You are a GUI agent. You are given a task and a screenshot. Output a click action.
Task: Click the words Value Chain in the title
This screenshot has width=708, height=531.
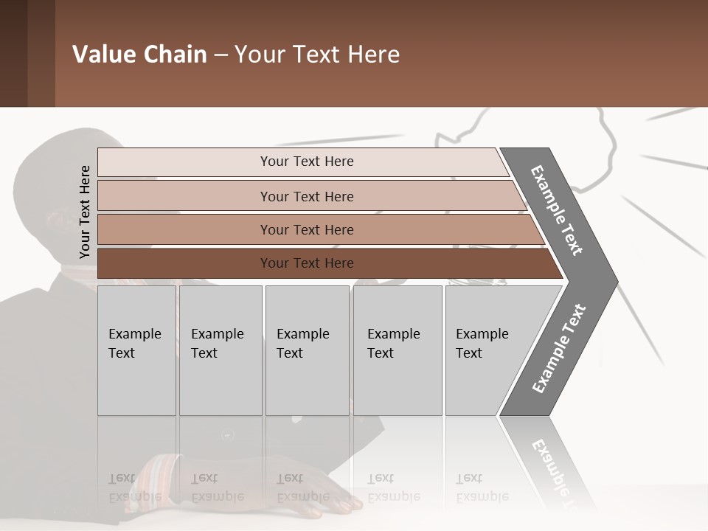tap(139, 55)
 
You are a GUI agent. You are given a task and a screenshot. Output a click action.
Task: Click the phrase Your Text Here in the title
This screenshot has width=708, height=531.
tap(317, 55)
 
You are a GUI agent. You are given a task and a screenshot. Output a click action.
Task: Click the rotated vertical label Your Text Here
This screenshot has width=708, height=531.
tap(85, 212)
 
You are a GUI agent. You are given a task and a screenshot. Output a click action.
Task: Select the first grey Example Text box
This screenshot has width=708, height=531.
tap(136, 350)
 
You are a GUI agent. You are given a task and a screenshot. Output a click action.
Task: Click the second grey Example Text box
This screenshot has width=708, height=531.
tap(220, 350)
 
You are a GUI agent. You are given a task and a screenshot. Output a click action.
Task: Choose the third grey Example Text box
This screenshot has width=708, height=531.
tap(307, 350)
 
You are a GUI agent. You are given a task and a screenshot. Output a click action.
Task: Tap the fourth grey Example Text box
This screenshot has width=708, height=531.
tap(397, 350)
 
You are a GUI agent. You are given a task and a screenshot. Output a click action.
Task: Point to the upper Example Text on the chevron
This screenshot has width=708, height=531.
tap(557, 210)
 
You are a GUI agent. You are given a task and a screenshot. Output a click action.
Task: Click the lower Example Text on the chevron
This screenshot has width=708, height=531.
tap(558, 348)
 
